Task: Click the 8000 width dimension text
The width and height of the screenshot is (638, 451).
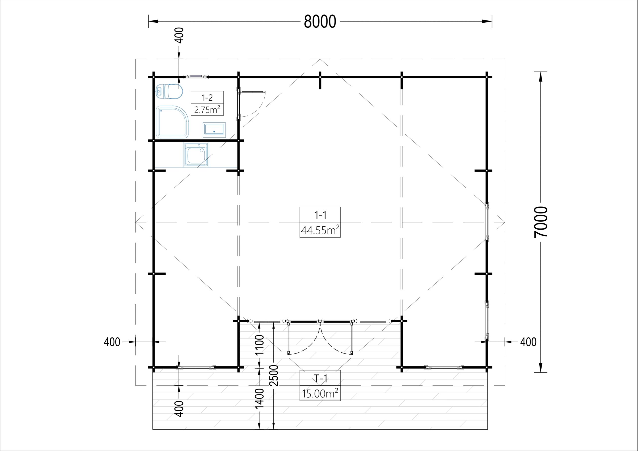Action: coord(320,21)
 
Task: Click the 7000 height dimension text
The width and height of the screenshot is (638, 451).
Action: coord(541,222)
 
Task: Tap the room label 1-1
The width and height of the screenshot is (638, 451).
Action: coord(320,215)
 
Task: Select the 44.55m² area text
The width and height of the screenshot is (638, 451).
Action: coord(320,230)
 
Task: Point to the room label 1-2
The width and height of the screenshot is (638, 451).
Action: coord(207,97)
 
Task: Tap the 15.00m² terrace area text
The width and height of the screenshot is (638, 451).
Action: coord(320,393)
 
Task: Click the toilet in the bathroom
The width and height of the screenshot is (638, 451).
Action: coord(169,91)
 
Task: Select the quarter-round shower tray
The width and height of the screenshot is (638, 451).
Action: coord(172,122)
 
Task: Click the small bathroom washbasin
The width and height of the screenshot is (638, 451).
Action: coord(214,130)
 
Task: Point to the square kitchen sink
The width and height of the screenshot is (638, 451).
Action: coord(196,155)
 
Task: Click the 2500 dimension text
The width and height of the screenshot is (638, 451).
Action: coord(274,375)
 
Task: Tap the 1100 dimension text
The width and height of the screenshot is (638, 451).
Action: coord(259,345)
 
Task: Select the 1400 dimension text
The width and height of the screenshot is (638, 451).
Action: coord(259,398)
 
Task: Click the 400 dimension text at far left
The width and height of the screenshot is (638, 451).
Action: coord(112,342)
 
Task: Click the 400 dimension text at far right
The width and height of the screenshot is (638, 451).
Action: coord(528,342)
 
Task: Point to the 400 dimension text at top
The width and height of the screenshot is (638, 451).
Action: coord(180,35)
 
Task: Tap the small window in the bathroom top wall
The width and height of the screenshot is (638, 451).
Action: coord(197,77)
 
